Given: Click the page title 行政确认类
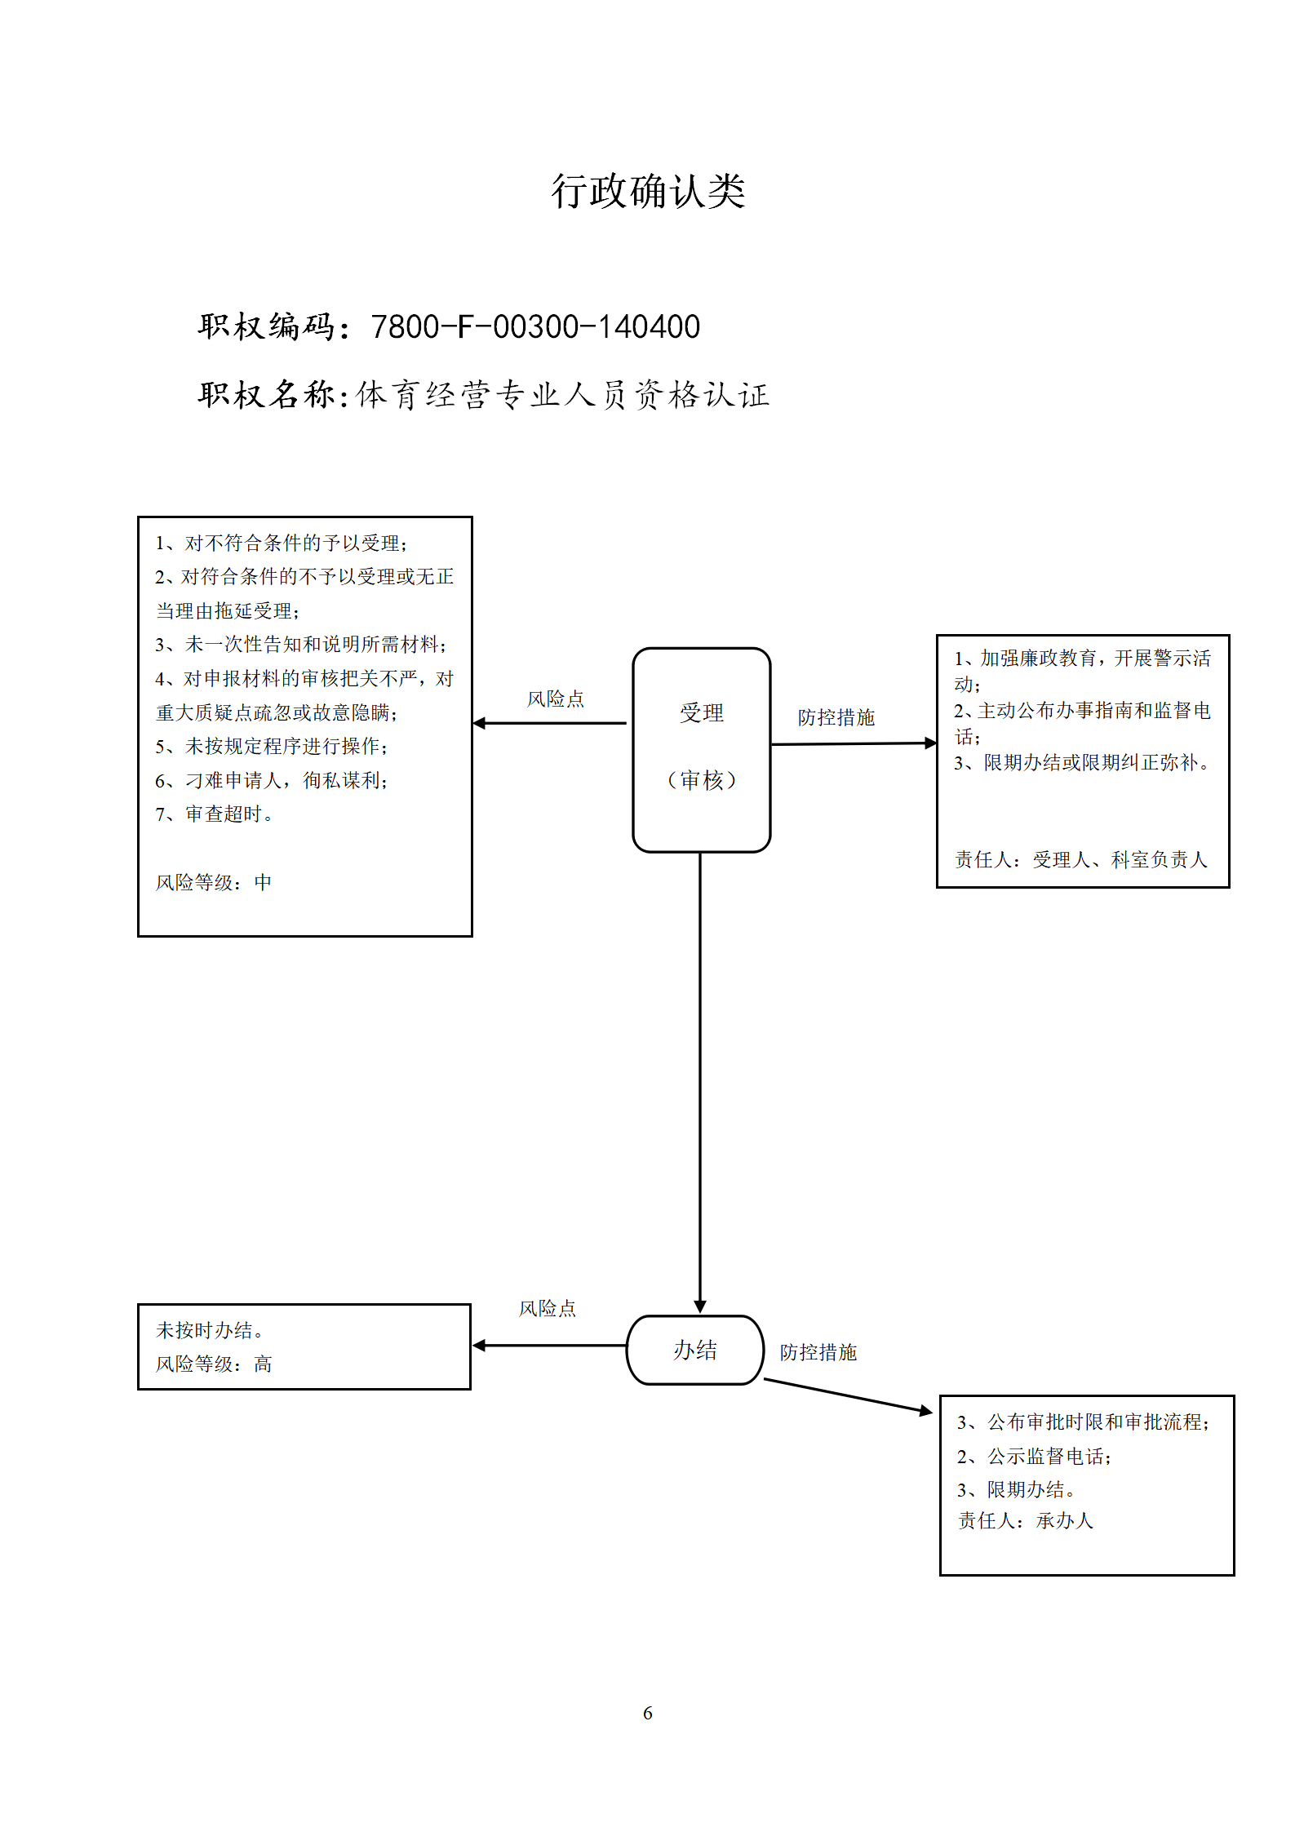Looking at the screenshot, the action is point(648,192).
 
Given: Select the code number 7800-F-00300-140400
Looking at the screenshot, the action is point(535,326).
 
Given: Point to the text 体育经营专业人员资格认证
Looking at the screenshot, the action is point(563,395).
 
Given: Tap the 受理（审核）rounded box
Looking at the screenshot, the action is point(702,750).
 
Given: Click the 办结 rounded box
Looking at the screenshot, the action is point(695,1350).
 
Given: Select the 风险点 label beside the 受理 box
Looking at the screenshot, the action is point(556,699).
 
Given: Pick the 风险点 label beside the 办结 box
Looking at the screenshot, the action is point(548,1308).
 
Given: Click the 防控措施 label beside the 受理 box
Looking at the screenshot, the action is point(836,717).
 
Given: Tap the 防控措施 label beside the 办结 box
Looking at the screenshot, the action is point(818,1352).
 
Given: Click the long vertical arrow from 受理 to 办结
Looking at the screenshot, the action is point(700,1083).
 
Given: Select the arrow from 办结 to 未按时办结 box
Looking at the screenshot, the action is point(549,1346).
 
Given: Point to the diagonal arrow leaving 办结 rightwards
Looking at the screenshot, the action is point(848,1395).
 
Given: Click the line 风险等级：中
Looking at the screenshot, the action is point(214,882).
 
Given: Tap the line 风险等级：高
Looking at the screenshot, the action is point(214,1364).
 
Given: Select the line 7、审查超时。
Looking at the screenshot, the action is point(214,814).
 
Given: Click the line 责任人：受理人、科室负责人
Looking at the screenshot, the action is point(1081,859).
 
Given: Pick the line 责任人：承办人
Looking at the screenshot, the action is point(1026,1520).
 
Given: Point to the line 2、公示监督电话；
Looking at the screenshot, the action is point(1035,1456).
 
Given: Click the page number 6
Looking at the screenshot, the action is point(648,1713).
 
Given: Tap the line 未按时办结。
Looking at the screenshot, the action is point(210,1330).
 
